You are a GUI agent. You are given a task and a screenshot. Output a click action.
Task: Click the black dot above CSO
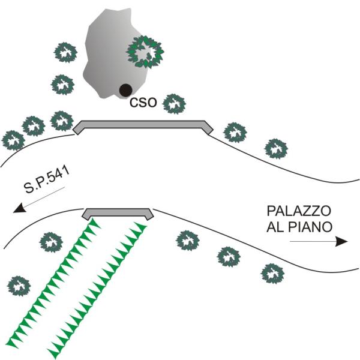125,90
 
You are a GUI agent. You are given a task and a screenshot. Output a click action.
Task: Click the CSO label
143,103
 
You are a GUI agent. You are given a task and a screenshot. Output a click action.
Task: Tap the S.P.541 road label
47,180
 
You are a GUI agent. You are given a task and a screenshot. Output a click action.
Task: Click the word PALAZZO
299,211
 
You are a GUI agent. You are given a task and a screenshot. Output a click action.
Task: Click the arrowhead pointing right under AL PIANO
341,241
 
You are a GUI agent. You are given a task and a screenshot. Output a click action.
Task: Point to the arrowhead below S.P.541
20,208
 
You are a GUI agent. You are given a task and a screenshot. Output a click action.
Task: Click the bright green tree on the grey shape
145,52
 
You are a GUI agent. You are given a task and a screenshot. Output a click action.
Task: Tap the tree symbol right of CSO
174,104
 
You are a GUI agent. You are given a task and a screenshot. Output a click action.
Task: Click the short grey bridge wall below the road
118,214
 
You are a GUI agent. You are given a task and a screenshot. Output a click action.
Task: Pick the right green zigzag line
98,291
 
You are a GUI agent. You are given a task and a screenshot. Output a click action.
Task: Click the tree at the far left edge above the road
13,140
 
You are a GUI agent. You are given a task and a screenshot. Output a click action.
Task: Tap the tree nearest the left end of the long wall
62,121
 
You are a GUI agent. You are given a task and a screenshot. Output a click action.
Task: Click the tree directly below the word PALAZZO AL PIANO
272,274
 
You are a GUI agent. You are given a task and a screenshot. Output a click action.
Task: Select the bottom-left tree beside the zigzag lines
19,286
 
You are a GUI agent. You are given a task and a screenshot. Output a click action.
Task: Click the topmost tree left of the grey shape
65,52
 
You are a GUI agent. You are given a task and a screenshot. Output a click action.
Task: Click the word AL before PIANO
275,227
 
